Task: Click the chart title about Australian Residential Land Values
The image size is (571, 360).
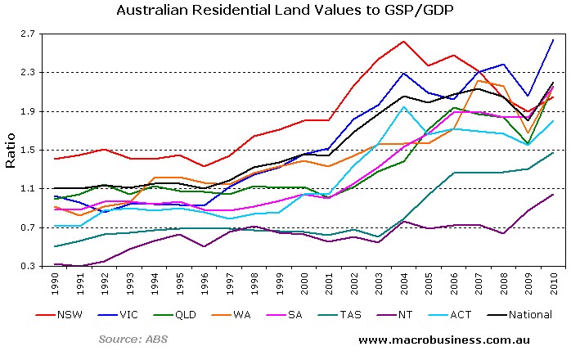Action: [x=285, y=11]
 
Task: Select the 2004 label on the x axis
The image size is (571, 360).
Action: [x=404, y=283]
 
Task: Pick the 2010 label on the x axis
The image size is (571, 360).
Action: [x=553, y=283]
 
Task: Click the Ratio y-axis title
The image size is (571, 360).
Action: [x=11, y=150]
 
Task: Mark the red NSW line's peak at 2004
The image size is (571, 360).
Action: [x=404, y=42]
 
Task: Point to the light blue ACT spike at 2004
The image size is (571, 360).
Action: [x=404, y=107]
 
